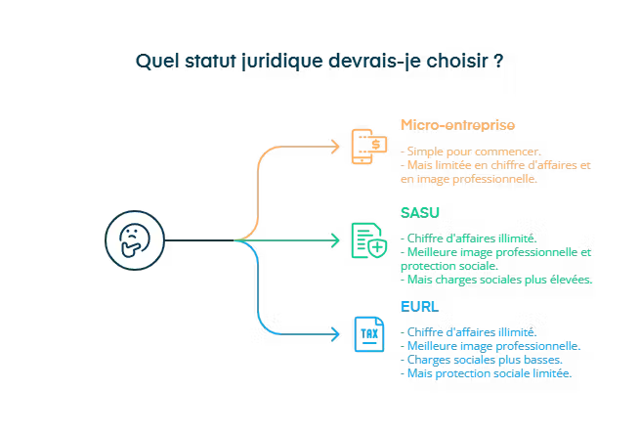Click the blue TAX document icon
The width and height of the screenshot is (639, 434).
(368, 332)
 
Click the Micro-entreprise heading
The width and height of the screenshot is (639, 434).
(457, 125)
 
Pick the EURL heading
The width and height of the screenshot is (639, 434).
(420, 307)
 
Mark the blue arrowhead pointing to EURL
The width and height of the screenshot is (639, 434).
(335, 332)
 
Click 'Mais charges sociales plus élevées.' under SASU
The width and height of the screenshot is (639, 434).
(497, 280)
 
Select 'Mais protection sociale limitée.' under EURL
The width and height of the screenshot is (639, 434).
(488, 372)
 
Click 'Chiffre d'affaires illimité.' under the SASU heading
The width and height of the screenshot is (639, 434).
(470, 239)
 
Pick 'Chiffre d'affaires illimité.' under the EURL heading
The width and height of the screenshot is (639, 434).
(470, 331)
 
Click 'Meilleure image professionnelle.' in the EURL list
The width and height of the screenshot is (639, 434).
(491, 345)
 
